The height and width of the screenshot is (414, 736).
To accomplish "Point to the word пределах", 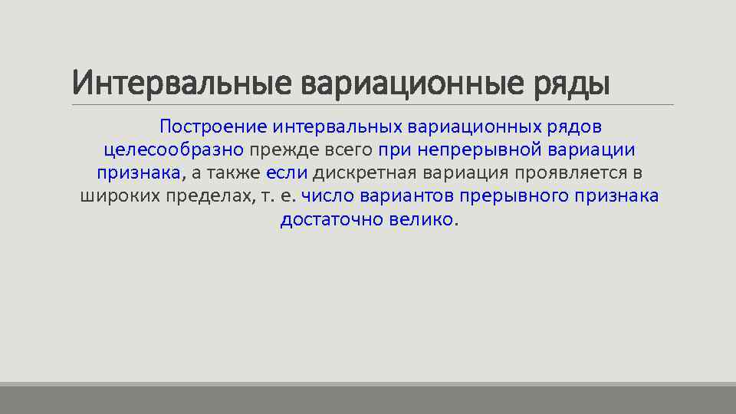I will (209, 195).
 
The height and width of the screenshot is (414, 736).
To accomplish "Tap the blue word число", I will (326, 195).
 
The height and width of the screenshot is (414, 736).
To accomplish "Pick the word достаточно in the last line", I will (325, 219).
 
